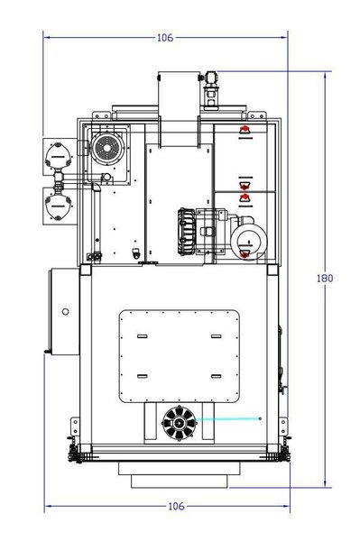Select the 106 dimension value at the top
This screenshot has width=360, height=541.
click(164, 38)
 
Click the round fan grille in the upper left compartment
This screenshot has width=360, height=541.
click(106, 150)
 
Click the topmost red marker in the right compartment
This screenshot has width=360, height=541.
click(242, 132)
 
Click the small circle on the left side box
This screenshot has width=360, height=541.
click(64, 312)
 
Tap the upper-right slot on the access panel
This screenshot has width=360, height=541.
click(215, 336)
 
